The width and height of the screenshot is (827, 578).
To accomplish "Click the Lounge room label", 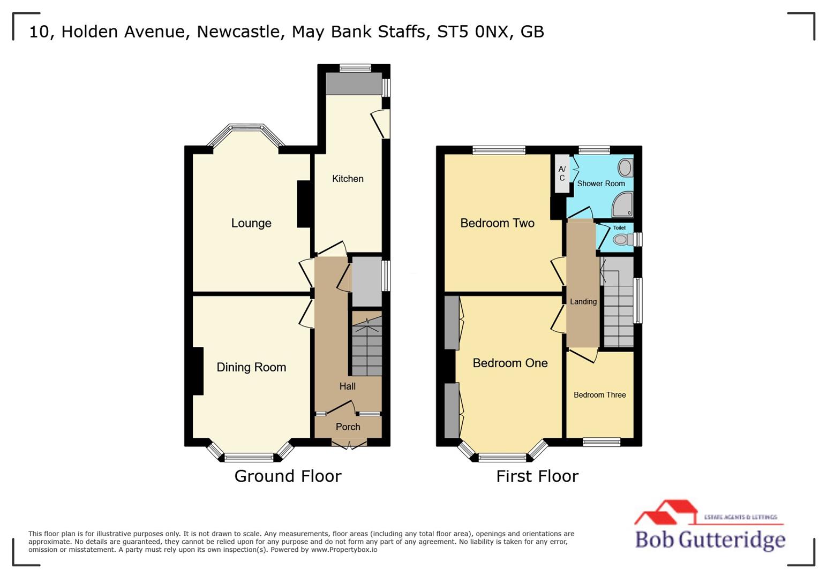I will tap(251, 223).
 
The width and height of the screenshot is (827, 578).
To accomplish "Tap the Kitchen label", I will tap(348, 179).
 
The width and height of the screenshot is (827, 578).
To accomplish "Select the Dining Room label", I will tap(251, 367).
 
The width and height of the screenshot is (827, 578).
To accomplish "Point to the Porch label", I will tap(348, 427).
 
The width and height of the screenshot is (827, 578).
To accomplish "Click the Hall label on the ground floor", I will tap(347, 386).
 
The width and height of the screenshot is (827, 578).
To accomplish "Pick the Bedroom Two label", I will tap(497, 223).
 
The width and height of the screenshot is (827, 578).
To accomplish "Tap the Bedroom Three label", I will tap(599, 395).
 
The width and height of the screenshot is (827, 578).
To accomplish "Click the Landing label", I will tap(583, 302).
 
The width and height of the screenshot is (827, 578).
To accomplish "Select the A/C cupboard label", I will tap(562, 173).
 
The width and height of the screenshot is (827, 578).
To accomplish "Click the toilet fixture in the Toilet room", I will tap(621, 239).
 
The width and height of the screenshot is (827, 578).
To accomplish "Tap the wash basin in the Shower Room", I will tap(625, 168).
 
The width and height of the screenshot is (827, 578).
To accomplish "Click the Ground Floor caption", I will tap(288, 476).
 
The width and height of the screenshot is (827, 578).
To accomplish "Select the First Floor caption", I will tap(537, 476).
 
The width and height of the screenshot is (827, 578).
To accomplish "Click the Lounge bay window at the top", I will tap(246, 128).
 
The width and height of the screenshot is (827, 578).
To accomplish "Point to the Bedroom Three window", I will tap(602, 442).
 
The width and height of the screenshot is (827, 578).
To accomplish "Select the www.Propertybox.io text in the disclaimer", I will tap(344, 550).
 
